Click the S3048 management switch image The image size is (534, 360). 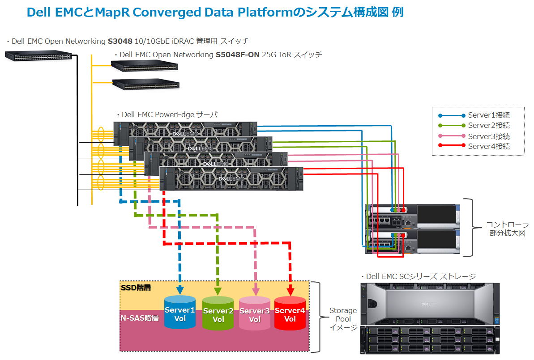pos(38,56)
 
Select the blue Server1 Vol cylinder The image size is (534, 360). pos(180,313)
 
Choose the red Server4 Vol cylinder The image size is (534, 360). pos(290,314)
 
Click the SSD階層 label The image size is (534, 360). pos(136,288)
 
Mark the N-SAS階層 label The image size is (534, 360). pos(140,318)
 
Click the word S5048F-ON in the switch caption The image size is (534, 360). pos(237,55)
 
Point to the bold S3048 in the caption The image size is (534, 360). pos(120,42)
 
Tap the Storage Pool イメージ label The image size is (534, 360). pos(343,319)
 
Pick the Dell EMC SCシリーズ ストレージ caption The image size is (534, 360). pos(421,276)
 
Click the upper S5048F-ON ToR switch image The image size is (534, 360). pos(145,66)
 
